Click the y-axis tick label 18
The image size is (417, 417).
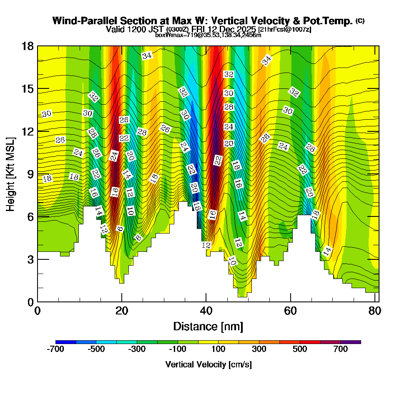tap(28, 46)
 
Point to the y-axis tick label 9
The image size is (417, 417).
tap(30, 173)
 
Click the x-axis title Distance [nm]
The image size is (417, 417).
tap(208, 326)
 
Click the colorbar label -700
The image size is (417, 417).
tap(56, 349)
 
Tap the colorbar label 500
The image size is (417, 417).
tap(300, 349)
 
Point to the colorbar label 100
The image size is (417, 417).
tap(219, 349)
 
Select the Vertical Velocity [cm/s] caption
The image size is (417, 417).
tap(208, 364)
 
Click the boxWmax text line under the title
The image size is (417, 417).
tap(208, 35)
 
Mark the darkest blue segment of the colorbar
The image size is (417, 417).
tap(66, 342)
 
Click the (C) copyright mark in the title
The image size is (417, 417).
tap(360, 21)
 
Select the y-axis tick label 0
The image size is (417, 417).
tap(30, 301)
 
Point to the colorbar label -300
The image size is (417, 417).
tap(137, 349)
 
